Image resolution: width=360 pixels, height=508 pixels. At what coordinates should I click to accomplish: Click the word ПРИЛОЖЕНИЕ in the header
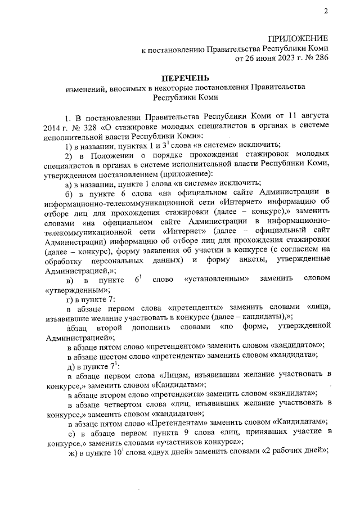[x=298, y=38]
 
